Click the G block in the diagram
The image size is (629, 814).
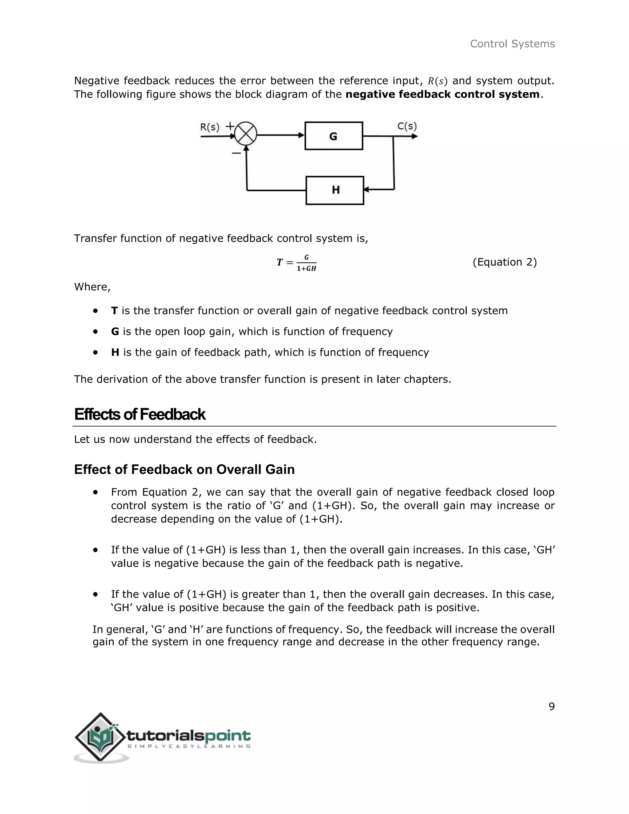[x=334, y=136]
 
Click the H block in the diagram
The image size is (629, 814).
[x=335, y=190]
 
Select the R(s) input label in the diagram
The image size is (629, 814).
[x=210, y=127]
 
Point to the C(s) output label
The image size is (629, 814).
[x=407, y=126]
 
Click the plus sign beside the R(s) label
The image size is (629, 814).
[x=230, y=126]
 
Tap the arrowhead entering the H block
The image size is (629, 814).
[x=366, y=190]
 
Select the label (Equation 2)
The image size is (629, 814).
[x=505, y=262]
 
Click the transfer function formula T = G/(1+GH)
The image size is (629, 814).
[x=297, y=263]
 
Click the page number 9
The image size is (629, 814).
[x=552, y=706]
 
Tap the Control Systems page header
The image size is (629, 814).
[x=512, y=44]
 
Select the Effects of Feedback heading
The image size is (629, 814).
[x=140, y=414]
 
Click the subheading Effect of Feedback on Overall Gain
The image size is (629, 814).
[x=185, y=469]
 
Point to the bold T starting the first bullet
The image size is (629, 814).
[x=114, y=311]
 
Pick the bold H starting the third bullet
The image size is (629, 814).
[x=115, y=352]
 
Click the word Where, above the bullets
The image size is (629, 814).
[x=92, y=287]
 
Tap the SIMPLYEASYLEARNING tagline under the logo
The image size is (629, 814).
[x=189, y=746]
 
